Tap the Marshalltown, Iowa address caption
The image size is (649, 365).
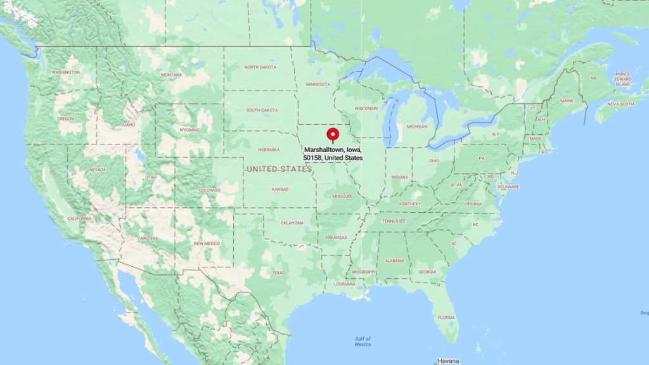333,153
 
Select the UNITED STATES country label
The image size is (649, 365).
279,169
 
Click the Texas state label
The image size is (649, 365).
278,272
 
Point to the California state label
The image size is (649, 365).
79,219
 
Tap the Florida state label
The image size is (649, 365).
446,317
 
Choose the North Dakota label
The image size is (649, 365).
260,67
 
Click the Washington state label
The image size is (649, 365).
66,72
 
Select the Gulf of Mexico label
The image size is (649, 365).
363,342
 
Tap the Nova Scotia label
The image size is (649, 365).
621,104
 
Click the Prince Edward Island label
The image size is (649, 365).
623,79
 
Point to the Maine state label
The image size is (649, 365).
566,101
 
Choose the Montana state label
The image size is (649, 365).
171,75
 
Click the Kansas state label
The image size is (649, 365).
280,189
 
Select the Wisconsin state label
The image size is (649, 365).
366,108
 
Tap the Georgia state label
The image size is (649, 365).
427,272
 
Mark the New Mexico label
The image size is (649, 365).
207,243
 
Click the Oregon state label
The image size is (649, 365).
65,118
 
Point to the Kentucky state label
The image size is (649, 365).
410,203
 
